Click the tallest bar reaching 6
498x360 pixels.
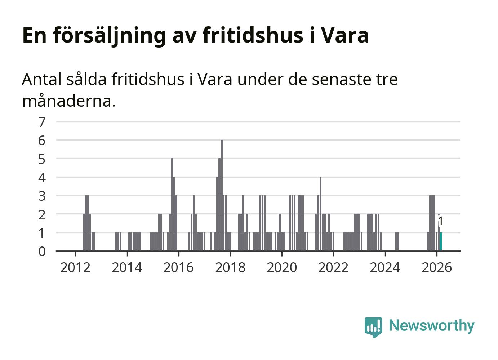222,195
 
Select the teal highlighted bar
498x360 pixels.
441,241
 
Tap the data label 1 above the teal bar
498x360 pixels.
440,221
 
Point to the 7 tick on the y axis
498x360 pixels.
42,122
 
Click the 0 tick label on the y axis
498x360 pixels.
42,251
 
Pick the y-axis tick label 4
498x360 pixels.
42,177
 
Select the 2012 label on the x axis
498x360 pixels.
75,267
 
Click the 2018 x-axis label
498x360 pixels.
230,267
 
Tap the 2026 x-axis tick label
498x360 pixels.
436,267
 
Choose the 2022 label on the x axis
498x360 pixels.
333,267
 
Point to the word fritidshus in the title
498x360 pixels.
253,35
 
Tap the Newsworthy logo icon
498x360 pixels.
373,327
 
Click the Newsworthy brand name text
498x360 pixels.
431,325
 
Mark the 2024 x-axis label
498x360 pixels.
385,267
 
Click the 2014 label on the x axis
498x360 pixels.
127,267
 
